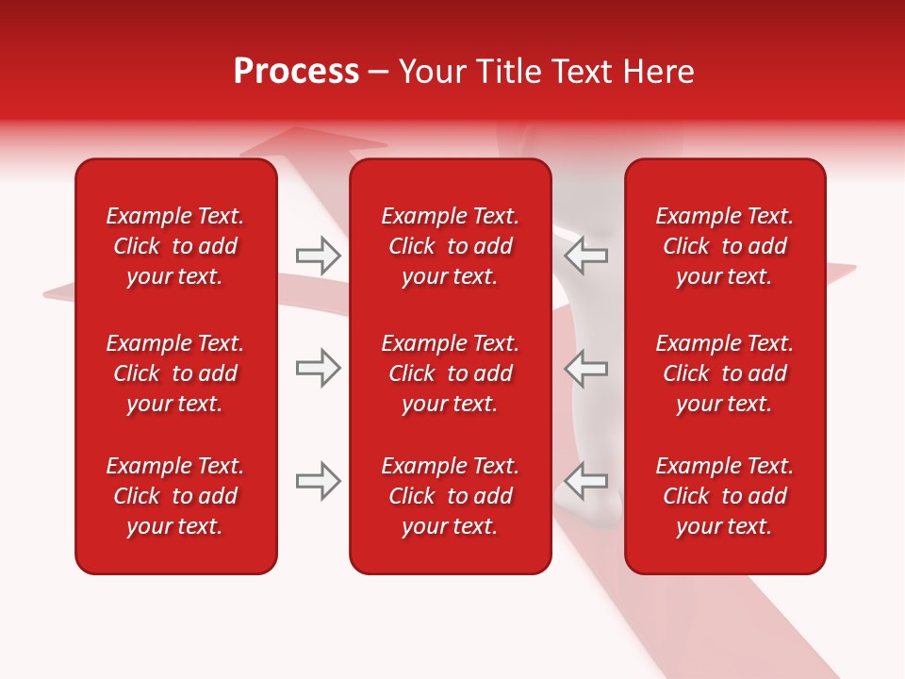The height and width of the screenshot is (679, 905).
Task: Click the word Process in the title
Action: pos(296,72)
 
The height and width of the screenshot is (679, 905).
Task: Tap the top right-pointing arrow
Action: pos(318,255)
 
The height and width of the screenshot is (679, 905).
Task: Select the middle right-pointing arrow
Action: pos(318,367)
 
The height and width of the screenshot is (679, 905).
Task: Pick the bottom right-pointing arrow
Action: pos(318,481)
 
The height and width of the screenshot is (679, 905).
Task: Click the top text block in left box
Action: pos(175,246)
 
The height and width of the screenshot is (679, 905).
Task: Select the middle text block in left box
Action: pos(175,373)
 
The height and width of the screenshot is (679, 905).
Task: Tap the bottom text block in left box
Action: pos(175,496)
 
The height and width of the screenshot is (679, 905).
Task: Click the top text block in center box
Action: pos(450,246)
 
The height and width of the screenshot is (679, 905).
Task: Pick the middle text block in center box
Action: pos(450,373)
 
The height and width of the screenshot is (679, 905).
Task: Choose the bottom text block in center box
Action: pos(450,496)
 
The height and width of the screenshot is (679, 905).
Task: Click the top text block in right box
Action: pos(724,246)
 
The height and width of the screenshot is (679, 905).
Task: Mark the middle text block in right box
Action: pos(724,373)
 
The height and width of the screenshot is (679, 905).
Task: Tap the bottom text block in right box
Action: pos(724,496)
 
